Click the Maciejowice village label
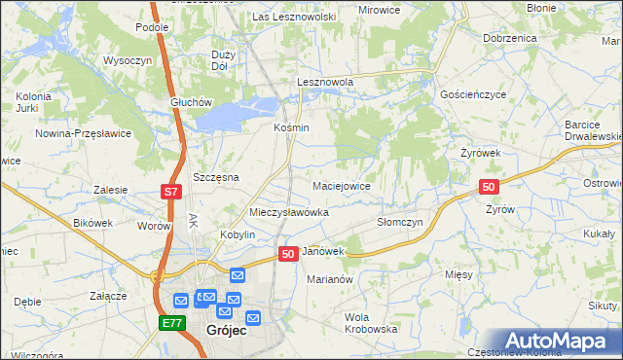point(341,185)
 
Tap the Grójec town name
point(227,331)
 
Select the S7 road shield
point(170,192)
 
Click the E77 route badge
point(172,323)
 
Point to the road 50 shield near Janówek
point(287,253)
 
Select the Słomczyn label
point(399,222)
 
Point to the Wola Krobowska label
point(372,323)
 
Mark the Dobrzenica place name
point(509,38)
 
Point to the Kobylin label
point(238,235)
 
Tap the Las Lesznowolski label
point(293,18)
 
